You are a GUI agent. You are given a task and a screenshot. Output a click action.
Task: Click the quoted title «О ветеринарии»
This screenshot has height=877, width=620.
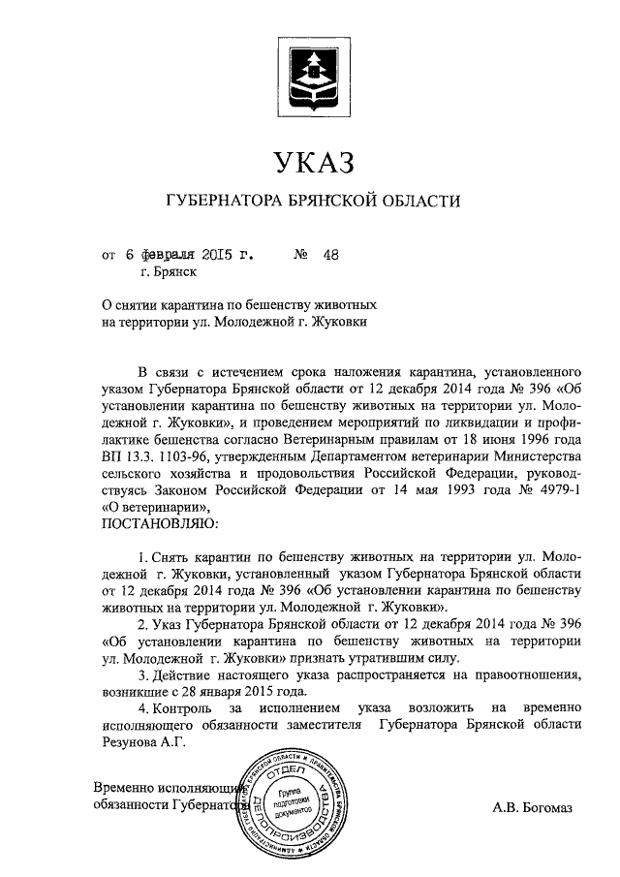(x=153, y=506)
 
